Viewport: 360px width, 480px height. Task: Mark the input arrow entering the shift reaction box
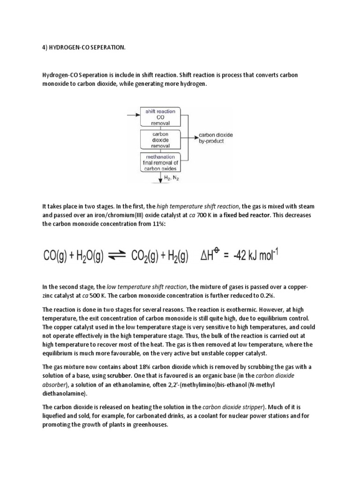pyautogui.click(x=133, y=114)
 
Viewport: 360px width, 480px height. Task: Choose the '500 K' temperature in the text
pyautogui.click(x=99, y=295)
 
